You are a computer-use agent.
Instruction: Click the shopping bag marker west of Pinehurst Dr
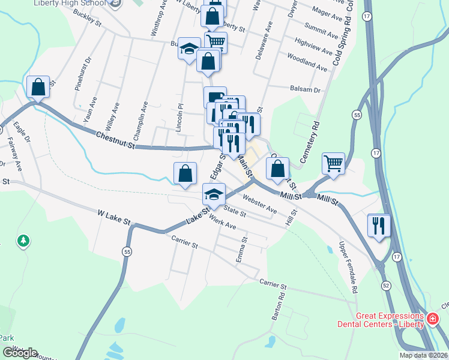point(38,87)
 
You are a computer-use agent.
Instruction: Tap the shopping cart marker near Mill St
point(333,163)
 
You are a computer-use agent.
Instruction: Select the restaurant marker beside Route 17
point(378,225)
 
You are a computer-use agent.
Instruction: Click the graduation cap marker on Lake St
point(214,193)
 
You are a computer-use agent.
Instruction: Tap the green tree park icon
point(23,241)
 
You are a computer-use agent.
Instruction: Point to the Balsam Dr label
point(306,89)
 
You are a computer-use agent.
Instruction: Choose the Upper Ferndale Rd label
point(348,267)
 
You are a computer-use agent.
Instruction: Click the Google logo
point(20,353)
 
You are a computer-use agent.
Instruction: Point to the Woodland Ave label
point(307,61)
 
